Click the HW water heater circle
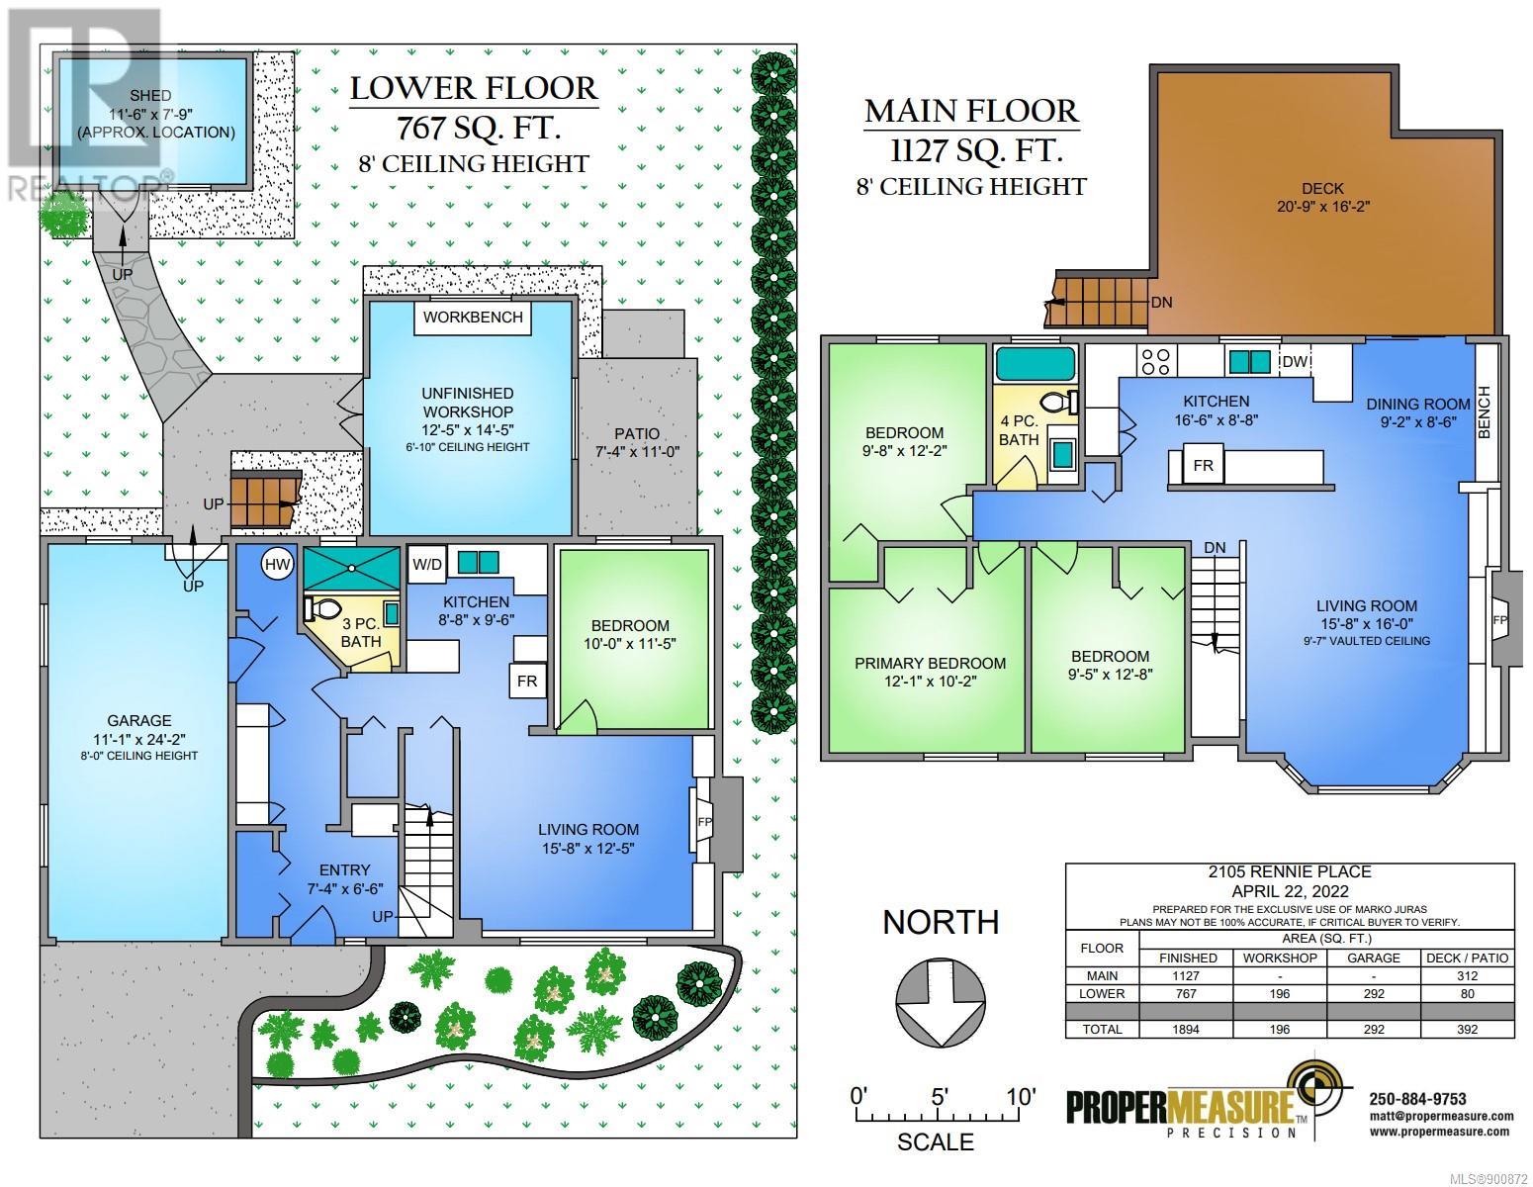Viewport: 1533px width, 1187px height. (x=277, y=564)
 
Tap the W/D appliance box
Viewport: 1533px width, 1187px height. (x=427, y=564)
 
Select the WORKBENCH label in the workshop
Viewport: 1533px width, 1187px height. (x=473, y=317)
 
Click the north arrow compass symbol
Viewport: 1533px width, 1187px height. (x=940, y=1002)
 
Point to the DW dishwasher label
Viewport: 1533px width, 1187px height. (x=1295, y=362)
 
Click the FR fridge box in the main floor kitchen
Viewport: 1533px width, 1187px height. (x=1203, y=466)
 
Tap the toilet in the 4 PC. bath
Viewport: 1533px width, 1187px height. (x=1059, y=403)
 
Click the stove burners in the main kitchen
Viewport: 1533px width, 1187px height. (x=1155, y=362)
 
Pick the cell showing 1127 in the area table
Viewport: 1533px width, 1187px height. (x=1186, y=975)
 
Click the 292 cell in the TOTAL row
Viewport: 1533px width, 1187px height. (x=1373, y=1029)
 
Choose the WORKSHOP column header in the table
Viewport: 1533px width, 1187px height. (x=1279, y=958)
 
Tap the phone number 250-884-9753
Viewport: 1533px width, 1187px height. (x=1417, y=1099)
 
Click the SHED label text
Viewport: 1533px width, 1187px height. (x=150, y=95)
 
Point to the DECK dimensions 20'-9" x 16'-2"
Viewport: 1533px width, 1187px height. (x=1322, y=207)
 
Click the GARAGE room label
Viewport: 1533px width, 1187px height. (x=139, y=720)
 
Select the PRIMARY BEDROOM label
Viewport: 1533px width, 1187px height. (x=930, y=663)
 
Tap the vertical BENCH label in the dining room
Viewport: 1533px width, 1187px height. (x=1485, y=411)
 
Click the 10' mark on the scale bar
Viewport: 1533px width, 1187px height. (x=1021, y=1097)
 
